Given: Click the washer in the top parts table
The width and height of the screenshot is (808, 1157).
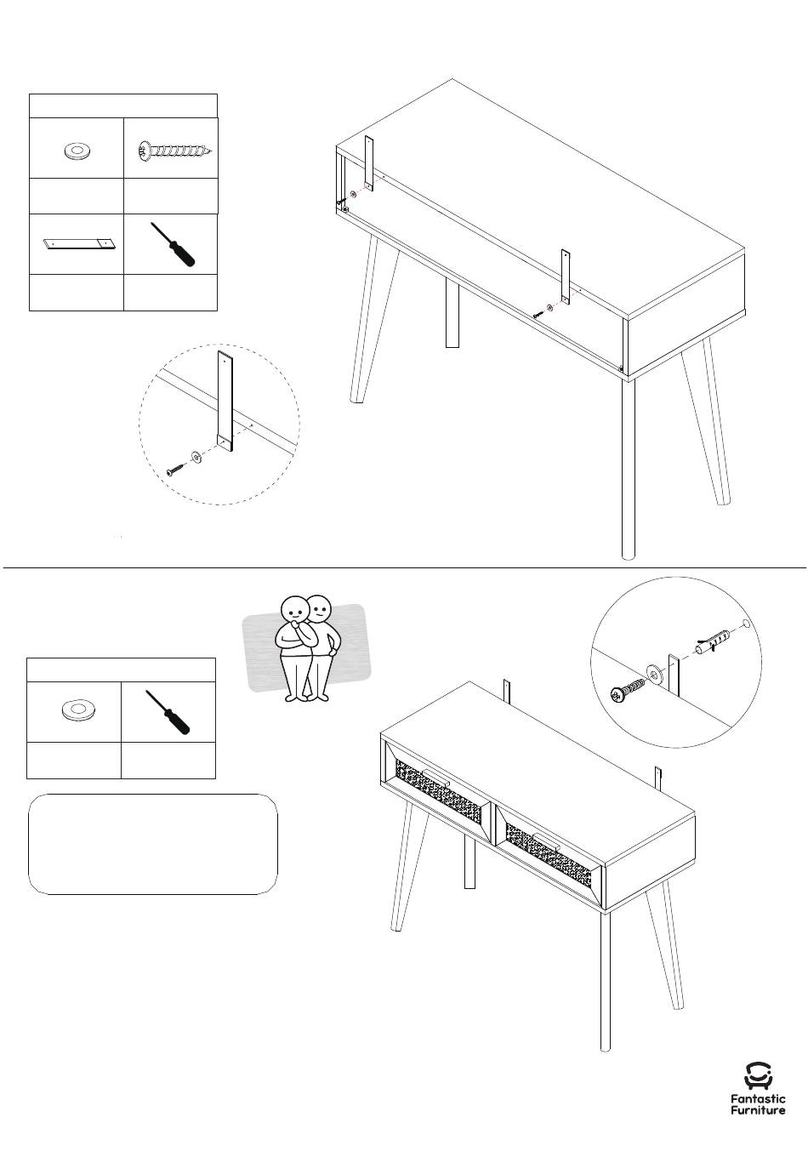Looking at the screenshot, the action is [76, 151].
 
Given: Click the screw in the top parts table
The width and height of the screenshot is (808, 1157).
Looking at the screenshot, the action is [175, 151].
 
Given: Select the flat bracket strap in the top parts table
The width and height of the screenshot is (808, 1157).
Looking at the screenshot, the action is [80, 244].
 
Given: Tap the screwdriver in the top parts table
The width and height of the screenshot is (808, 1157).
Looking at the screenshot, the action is [173, 244].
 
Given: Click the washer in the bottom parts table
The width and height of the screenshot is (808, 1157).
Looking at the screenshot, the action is [78, 710].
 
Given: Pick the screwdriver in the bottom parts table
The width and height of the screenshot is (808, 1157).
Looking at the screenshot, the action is [168, 712].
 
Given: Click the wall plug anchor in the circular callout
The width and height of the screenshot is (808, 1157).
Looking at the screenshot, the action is [712, 641].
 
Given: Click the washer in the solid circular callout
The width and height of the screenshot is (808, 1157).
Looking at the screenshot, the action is [654, 674].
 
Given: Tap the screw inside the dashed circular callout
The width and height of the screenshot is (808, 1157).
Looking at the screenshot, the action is [174, 470].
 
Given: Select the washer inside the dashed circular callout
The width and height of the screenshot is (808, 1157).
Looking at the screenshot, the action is [196, 457].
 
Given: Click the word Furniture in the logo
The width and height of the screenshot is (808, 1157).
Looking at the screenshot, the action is [758, 1110].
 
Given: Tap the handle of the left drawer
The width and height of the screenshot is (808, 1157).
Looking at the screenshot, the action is [435, 776].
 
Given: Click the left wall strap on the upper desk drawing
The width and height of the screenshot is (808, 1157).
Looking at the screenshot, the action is [368, 163].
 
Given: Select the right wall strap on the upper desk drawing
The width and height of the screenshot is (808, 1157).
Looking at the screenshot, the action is [566, 276].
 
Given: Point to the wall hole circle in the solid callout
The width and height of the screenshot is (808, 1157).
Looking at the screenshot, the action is [746, 624].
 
